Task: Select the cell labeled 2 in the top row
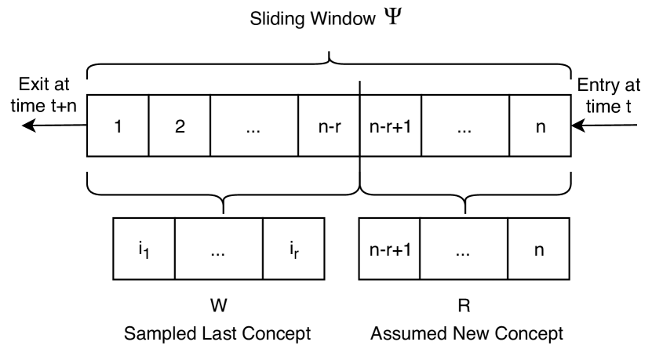click(180, 125)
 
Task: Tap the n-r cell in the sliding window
click(328, 125)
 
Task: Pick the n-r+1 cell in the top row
click(390, 125)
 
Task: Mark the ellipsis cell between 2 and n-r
click(253, 125)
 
